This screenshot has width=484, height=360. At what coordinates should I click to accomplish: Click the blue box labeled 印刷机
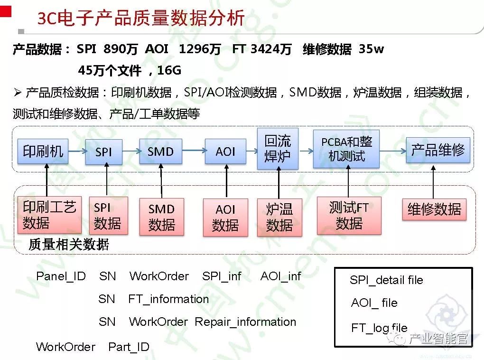coord(43,151)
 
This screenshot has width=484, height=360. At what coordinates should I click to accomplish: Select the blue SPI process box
coord(103,152)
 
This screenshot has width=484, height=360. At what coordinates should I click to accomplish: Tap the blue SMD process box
coord(161,152)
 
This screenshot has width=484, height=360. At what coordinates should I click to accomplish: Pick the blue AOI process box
coord(225,152)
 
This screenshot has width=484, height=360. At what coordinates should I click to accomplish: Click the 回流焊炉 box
coord(278,149)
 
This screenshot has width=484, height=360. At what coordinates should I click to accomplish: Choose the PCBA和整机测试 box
coord(346,149)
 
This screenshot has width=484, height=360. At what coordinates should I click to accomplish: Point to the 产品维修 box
coord(437,150)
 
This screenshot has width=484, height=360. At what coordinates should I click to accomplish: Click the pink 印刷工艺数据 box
coord(49,215)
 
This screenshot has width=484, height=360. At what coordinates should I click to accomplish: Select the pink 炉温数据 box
coord(279,217)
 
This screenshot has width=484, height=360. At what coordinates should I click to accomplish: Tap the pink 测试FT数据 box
coord(349,215)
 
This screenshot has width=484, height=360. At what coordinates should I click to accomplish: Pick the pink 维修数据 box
coord(434,209)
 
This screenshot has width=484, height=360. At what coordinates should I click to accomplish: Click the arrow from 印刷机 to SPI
coord(76,152)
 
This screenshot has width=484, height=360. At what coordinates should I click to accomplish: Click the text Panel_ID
coord(61,276)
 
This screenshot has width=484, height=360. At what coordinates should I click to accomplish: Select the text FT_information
coord(168,299)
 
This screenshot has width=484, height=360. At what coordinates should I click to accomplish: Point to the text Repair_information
coord(245,322)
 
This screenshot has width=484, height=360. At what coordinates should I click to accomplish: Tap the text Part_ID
coord(129,347)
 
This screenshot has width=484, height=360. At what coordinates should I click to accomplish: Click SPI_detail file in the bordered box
coord(386,280)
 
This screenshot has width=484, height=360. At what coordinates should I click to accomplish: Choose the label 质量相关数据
coord(69,245)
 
